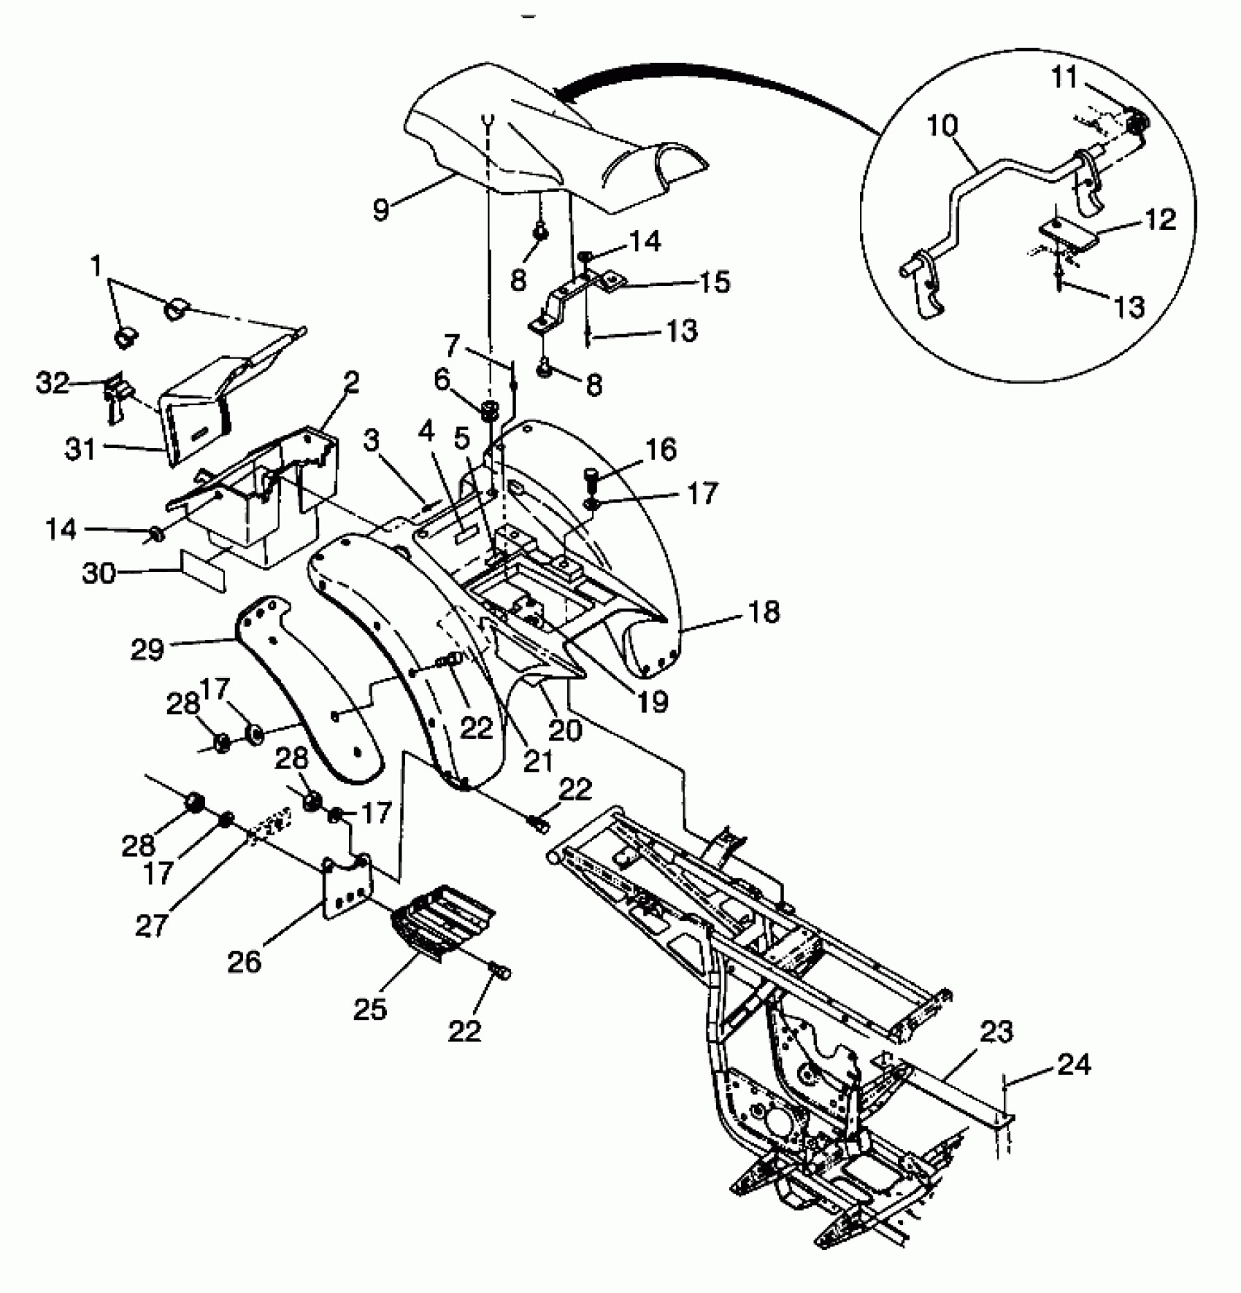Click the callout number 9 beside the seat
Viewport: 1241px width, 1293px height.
(x=382, y=209)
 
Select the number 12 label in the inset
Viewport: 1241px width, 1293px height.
(x=1161, y=219)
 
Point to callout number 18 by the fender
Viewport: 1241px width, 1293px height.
(x=764, y=611)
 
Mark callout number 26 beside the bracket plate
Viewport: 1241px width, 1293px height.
(x=244, y=962)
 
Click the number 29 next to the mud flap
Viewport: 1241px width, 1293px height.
(x=147, y=648)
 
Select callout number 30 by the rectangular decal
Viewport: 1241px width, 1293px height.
(x=100, y=573)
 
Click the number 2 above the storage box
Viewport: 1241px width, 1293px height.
(x=351, y=382)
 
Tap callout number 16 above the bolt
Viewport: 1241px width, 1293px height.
(x=661, y=449)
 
